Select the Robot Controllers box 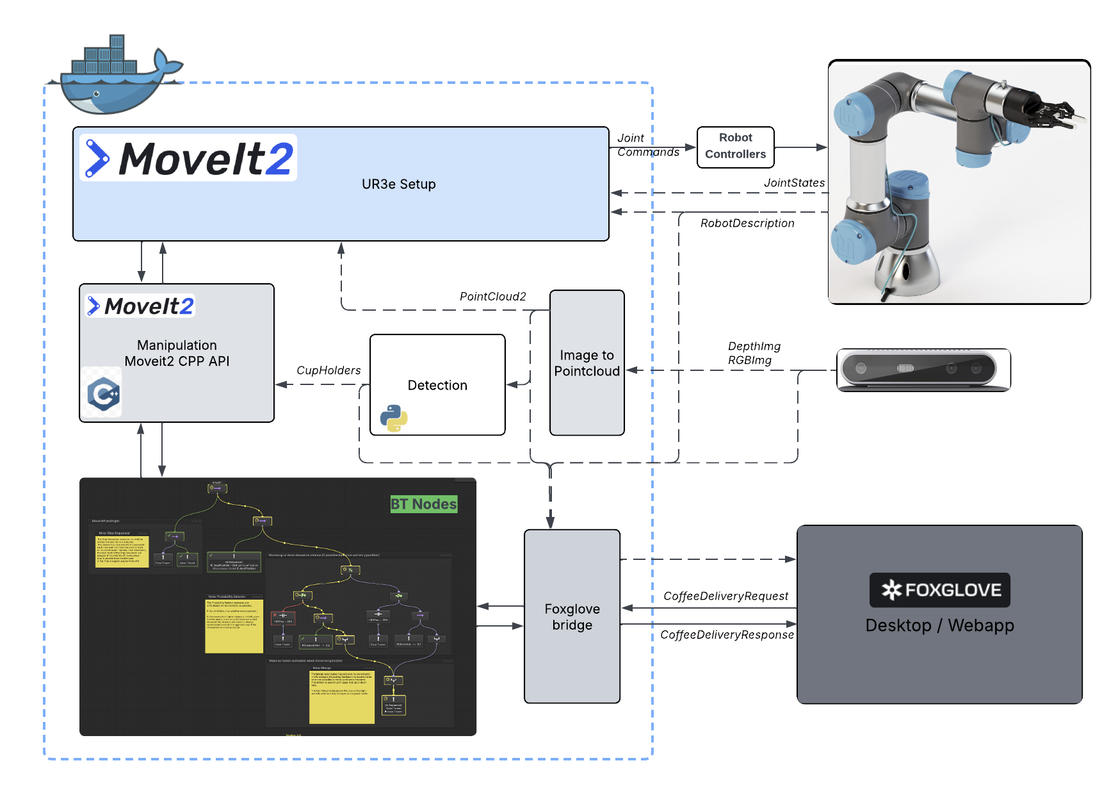[x=735, y=147]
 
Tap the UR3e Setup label [x=398, y=185]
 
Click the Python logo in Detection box [x=394, y=418]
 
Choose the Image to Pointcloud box [x=587, y=363]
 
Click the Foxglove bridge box [x=572, y=616]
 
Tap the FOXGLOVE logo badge [x=939, y=590]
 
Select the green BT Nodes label [x=423, y=504]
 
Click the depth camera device [x=923, y=370]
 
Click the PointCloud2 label [x=492, y=297]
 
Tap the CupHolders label [x=328, y=370]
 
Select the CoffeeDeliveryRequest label [x=725, y=596]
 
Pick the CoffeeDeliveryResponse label [x=727, y=635]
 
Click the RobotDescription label [x=747, y=224]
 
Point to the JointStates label [x=794, y=183]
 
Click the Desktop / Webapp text [x=939, y=625]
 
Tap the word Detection [x=437, y=385]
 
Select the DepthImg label [x=754, y=347]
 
